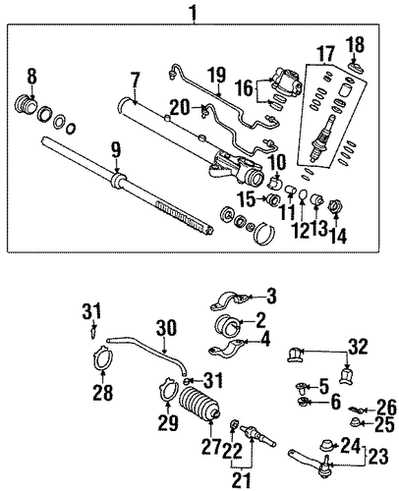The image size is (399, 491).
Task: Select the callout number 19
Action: [x=217, y=76]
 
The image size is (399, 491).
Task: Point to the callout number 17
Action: [x=326, y=53]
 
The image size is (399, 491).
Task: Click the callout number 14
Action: [x=339, y=235]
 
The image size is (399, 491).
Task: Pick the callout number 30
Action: [x=167, y=328]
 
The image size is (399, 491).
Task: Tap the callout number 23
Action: [x=378, y=457]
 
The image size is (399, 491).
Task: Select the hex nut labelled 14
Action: [x=335, y=206]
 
